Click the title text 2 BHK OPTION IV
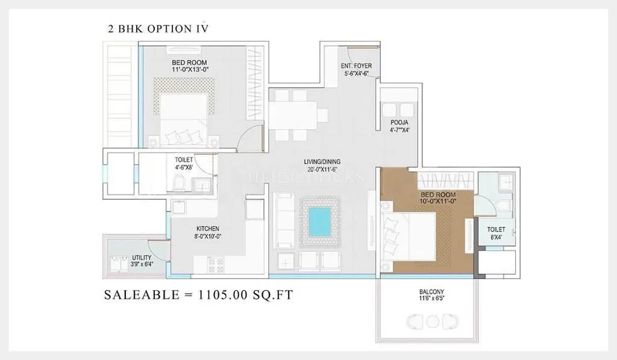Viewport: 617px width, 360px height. (x=157, y=28)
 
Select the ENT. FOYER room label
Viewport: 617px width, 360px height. (x=356, y=66)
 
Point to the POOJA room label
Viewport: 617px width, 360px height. (x=399, y=122)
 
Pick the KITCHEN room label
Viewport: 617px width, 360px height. (x=207, y=229)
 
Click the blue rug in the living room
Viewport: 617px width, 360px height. (x=320, y=222)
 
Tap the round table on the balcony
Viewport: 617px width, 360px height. (x=431, y=321)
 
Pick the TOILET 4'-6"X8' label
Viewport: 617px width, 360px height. (x=184, y=163)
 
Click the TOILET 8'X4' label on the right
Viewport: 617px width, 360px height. (x=496, y=233)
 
